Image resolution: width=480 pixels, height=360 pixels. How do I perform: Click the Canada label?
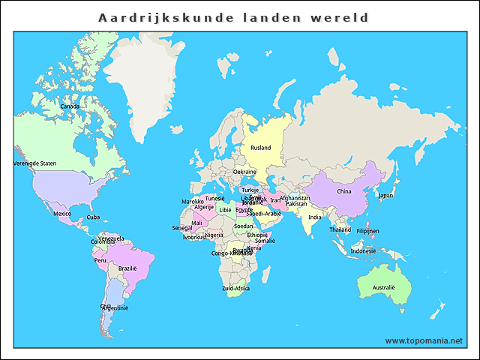click(x=70, y=106)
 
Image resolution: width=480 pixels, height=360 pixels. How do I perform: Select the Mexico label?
click(x=62, y=214)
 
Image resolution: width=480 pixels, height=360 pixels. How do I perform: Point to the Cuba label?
click(x=93, y=217)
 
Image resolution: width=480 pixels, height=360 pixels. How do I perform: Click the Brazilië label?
click(x=127, y=268)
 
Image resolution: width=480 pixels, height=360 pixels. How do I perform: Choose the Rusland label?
click(x=260, y=148)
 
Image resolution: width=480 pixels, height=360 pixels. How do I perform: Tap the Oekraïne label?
click(x=244, y=172)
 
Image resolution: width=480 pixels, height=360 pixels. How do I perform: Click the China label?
click(x=343, y=191)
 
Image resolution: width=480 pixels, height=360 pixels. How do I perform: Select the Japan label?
click(x=385, y=195)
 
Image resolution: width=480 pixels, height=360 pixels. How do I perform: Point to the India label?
click(x=315, y=217)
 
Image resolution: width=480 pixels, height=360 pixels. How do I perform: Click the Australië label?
click(x=384, y=287)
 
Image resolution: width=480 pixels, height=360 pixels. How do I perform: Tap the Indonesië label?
click(x=363, y=250)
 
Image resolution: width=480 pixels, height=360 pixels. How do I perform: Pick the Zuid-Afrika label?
click(x=235, y=288)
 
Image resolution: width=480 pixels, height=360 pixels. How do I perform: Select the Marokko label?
click(x=193, y=201)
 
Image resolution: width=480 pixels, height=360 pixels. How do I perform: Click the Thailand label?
click(x=340, y=229)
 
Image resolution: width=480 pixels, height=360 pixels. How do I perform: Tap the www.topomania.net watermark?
click(x=424, y=340)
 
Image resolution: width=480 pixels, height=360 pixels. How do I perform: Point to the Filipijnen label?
click(x=367, y=231)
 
